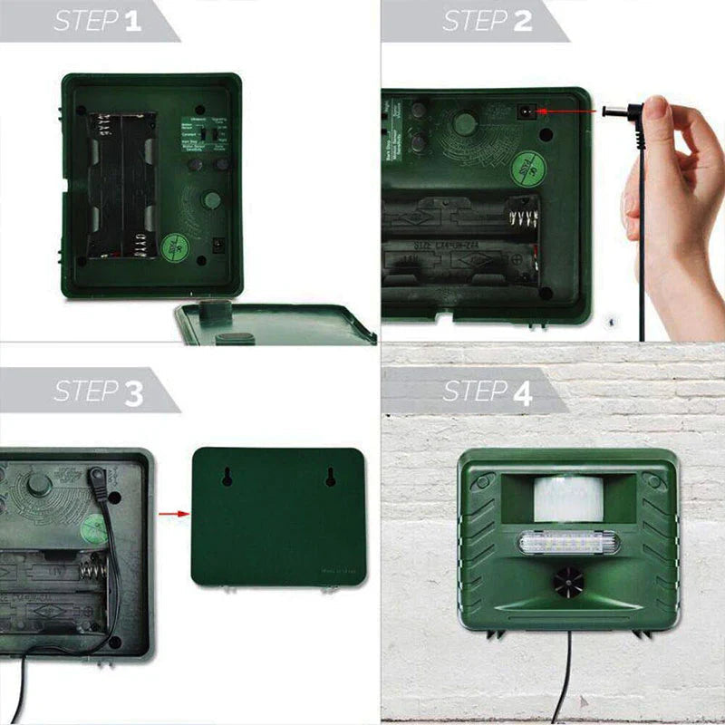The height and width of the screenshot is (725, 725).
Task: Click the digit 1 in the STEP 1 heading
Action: pyautogui.click(x=132, y=21)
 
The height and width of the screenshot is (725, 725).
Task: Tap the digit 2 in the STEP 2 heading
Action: pyautogui.click(x=523, y=21)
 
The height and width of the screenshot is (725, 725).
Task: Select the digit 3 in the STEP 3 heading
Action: pyautogui.click(x=133, y=392)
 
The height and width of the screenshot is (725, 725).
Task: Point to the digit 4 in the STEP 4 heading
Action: pyautogui.click(x=523, y=392)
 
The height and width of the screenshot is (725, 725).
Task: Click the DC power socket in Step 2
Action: pyautogui.click(x=524, y=111)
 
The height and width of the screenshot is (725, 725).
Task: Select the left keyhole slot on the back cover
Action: pyautogui.click(x=227, y=477)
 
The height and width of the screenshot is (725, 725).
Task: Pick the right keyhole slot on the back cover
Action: pyautogui.click(x=332, y=477)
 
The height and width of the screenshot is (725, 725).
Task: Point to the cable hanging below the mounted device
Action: pyautogui.click(x=568, y=671)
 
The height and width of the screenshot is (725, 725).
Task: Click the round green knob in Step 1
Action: pyautogui.click(x=210, y=200)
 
